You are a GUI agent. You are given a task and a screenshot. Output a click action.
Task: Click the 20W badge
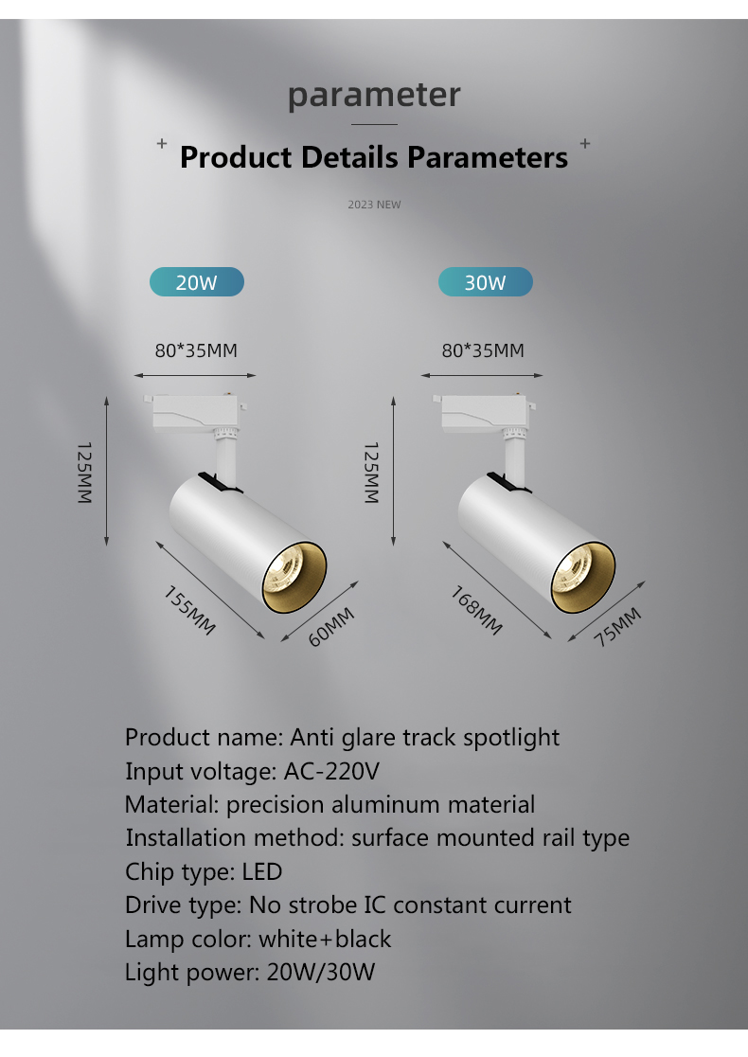click(197, 282)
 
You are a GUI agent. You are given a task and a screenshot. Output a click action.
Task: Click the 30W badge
click(485, 282)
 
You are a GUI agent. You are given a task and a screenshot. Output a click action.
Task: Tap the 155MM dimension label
click(190, 611)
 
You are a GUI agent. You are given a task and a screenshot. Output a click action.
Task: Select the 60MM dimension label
click(330, 627)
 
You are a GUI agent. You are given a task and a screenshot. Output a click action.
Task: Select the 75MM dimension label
click(617, 627)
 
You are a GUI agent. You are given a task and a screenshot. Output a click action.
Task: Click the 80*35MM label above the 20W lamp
click(196, 350)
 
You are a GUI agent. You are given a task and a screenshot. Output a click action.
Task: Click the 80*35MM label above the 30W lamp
click(483, 350)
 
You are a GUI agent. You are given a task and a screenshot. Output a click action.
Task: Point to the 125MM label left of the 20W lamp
click(84, 473)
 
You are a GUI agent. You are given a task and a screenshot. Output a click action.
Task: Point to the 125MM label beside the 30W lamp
click(371, 473)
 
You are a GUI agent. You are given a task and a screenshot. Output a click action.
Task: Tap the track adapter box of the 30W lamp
click(484, 410)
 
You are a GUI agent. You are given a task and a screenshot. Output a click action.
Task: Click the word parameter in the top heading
click(374, 95)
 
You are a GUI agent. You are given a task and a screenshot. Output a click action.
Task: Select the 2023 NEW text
click(374, 205)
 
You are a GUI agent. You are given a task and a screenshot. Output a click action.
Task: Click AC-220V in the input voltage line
click(331, 771)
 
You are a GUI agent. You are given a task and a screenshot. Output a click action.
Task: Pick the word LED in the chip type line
click(262, 871)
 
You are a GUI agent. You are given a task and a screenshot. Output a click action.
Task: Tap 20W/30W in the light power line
click(321, 972)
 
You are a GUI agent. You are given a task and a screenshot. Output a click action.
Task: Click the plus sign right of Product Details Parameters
click(585, 143)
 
